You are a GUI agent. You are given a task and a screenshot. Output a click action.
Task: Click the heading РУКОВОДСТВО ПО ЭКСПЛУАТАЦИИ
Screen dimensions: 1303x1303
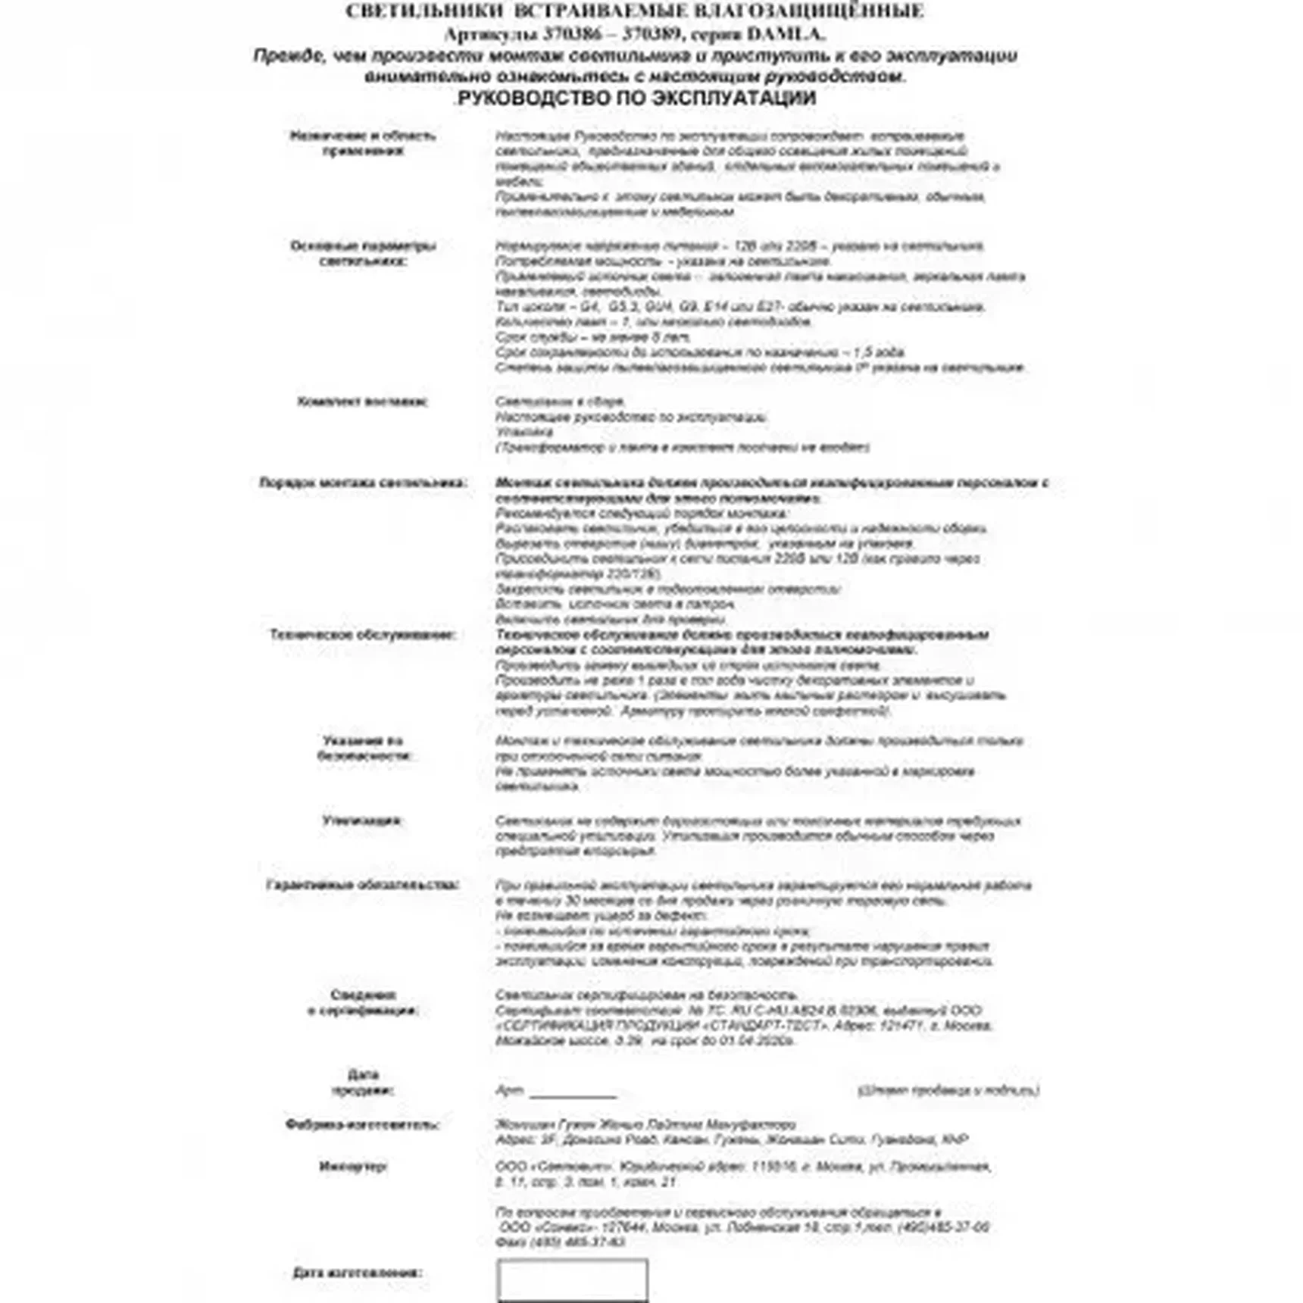(x=636, y=98)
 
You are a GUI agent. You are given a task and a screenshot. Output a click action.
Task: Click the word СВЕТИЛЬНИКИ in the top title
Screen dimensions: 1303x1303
(x=424, y=11)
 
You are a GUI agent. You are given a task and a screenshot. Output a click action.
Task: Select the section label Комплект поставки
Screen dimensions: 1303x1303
(x=362, y=402)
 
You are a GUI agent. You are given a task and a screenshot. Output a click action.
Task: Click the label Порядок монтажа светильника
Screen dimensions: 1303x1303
(x=363, y=483)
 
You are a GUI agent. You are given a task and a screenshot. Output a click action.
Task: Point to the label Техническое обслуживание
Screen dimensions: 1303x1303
(x=363, y=634)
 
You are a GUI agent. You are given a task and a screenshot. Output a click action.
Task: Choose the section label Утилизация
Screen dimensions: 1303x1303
(x=362, y=820)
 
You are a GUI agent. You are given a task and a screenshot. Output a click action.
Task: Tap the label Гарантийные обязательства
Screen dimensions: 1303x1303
(x=363, y=885)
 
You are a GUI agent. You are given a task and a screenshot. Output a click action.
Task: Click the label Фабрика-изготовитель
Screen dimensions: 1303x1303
(x=362, y=1124)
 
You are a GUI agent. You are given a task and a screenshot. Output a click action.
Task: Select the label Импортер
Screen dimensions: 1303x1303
(x=353, y=1166)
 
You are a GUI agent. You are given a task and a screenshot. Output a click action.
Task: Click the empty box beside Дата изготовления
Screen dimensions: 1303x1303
(x=572, y=1280)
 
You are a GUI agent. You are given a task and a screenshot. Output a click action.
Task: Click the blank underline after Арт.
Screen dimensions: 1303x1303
(x=573, y=1092)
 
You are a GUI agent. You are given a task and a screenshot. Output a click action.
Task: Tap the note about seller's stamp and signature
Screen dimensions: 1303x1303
(x=948, y=1090)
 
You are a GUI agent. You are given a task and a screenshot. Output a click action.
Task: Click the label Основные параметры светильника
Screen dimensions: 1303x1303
(x=363, y=253)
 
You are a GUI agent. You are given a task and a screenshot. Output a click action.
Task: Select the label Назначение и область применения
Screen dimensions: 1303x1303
(x=363, y=143)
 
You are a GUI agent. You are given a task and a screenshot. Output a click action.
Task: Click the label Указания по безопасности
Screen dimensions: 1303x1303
(x=363, y=748)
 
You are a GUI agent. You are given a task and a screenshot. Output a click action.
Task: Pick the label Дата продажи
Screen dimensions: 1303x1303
(x=363, y=1083)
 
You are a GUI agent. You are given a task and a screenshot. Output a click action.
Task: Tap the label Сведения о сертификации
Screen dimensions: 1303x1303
(x=363, y=1002)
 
